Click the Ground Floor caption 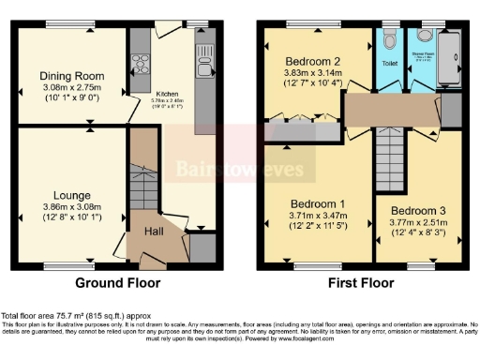click(x=117, y=282)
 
